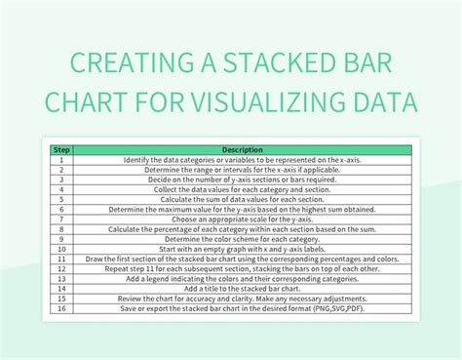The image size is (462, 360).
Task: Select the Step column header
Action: [60, 149]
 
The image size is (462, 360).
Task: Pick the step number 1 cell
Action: [60, 158]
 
